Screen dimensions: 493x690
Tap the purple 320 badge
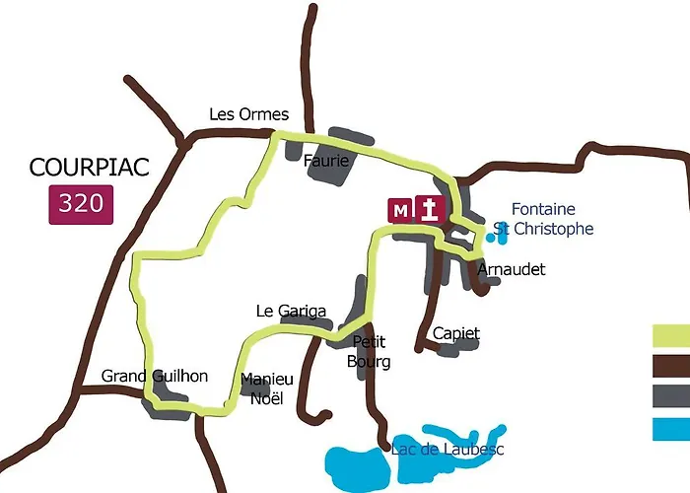[x=81, y=204]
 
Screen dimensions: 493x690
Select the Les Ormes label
[x=249, y=114]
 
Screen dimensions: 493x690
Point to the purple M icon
[x=400, y=210]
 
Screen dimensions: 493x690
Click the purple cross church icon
[x=430, y=210]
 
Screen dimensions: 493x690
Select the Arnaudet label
[x=510, y=269]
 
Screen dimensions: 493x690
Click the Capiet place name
[x=455, y=333]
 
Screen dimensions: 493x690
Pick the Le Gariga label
[x=291, y=311]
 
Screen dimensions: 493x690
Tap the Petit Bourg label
[x=371, y=352]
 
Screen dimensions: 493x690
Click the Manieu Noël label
[x=266, y=388]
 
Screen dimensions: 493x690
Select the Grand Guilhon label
[x=155, y=376]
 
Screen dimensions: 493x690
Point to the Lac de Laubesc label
[x=448, y=450]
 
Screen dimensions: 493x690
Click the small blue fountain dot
[x=490, y=238]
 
